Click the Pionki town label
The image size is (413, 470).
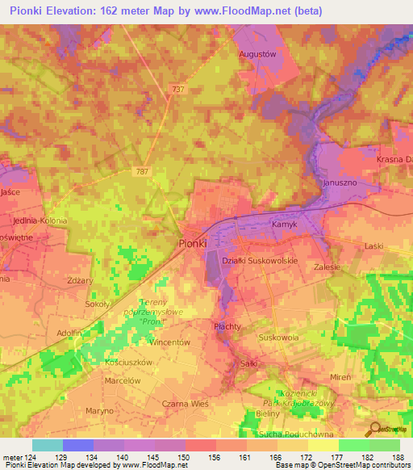point(192,243)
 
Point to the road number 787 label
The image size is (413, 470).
point(142,170)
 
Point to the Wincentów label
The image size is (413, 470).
point(169,342)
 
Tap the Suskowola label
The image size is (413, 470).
point(278,338)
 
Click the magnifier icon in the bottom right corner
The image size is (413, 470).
point(373,430)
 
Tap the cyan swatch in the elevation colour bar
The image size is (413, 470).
point(48,445)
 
